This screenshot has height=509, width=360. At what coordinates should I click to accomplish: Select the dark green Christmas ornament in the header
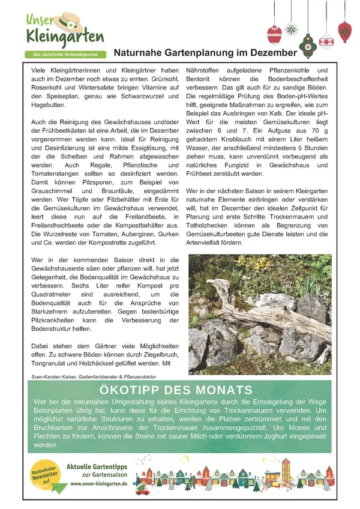click(x=308, y=45)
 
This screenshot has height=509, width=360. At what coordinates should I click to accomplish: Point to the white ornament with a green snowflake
click(x=291, y=29)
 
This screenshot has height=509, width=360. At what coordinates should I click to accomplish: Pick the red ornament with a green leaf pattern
click(x=344, y=29)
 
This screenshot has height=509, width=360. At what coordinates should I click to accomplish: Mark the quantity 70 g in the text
click(x=319, y=131)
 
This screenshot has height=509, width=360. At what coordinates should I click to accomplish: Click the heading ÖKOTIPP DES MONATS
click(x=180, y=388)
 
